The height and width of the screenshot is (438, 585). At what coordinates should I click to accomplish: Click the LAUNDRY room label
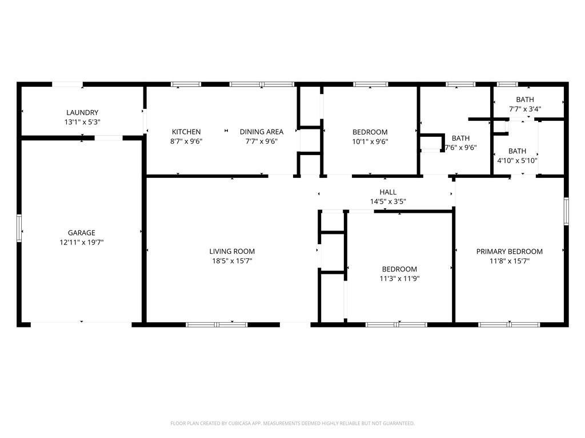pyautogui.click(x=82, y=112)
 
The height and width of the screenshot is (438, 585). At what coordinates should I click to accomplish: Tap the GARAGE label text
pyautogui.click(x=81, y=233)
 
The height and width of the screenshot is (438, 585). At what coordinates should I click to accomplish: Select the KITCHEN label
pyautogui.click(x=186, y=132)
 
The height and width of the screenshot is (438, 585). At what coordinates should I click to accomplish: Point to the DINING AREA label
pyautogui.click(x=262, y=132)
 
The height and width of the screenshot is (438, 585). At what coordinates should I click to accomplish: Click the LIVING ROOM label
pyautogui.click(x=232, y=252)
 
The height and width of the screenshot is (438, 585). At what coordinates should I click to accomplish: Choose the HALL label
pyautogui.click(x=388, y=192)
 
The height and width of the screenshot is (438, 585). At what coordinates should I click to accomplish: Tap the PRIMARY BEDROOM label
pyautogui.click(x=509, y=252)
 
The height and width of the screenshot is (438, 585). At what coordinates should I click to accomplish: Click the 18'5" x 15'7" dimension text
pyautogui.click(x=232, y=261)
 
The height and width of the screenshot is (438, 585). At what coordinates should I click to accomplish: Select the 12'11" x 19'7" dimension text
pyautogui.click(x=81, y=242)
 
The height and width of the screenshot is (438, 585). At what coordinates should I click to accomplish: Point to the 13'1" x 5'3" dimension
pyautogui.click(x=82, y=122)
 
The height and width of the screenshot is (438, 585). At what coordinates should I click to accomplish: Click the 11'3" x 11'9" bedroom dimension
pyautogui.click(x=399, y=278)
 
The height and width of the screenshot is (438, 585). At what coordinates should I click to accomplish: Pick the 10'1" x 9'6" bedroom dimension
pyautogui.click(x=370, y=141)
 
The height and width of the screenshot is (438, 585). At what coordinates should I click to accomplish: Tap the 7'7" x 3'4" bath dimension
pyautogui.click(x=525, y=109)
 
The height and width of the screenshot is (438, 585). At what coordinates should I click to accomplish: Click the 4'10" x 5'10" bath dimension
pyautogui.click(x=517, y=161)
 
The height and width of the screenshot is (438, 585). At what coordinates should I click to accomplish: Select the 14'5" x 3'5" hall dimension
pyautogui.click(x=388, y=202)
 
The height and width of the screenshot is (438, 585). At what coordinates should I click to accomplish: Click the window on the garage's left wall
pyautogui.click(x=19, y=228)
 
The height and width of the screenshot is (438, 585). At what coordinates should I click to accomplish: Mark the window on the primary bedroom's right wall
pyautogui.click(x=566, y=211)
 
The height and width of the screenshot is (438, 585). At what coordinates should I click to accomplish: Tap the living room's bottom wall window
pyautogui.click(x=217, y=325)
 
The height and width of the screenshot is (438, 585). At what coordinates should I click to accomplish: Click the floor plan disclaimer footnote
pyautogui.click(x=292, y=424)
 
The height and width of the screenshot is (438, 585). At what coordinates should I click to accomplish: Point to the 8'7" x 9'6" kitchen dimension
pyautogui.click(x=186, y=141)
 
